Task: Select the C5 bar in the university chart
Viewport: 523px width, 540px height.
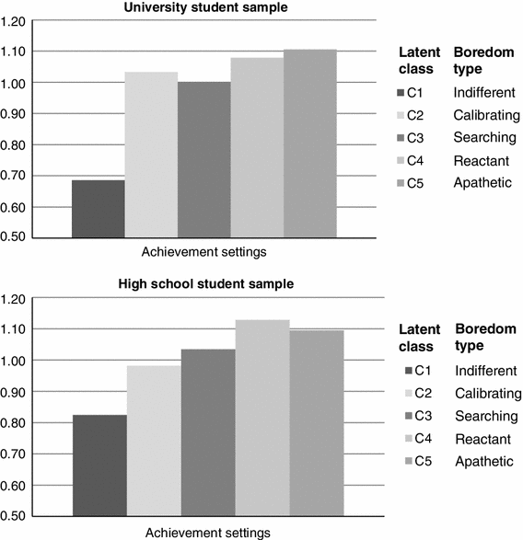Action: coord(309,144)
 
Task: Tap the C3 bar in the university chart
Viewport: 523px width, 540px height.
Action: coord(203,160)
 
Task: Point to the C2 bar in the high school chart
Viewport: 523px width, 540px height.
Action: coord(154,441)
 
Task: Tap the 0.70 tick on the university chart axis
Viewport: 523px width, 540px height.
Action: coord(18,176)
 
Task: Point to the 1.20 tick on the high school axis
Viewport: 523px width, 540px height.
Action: coord(18,298)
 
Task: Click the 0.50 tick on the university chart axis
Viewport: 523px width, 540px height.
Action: coord(18,237)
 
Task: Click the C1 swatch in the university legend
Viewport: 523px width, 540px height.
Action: coord(399,93)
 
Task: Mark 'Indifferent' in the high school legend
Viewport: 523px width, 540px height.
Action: coord(482,371)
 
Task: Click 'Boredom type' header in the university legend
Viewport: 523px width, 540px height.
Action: coord(481,61)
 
